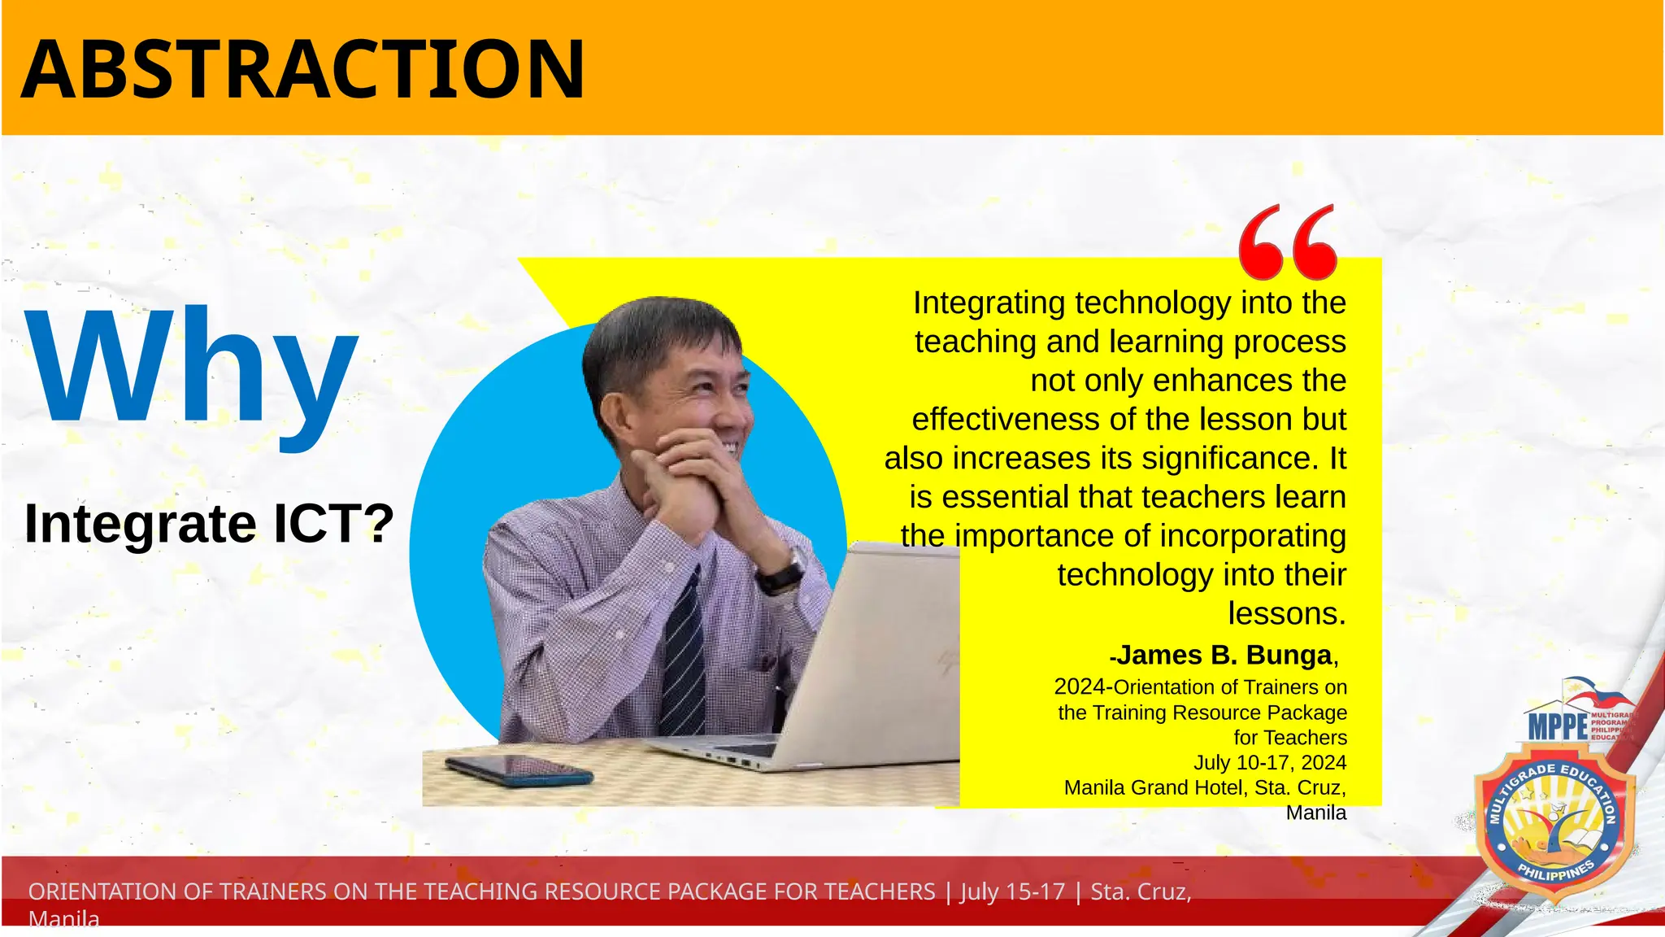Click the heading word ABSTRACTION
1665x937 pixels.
(302, 70)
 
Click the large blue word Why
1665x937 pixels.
(192, 368)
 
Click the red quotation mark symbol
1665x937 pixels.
(1288, 242)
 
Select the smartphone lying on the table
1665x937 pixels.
(519, 769)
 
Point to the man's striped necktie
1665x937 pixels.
(684, 651)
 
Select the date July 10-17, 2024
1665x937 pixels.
(1270, 762)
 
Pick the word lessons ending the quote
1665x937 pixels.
(1286, 613)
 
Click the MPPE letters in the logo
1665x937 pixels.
(1558, 726)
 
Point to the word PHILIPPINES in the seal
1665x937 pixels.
(1556, 871)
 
